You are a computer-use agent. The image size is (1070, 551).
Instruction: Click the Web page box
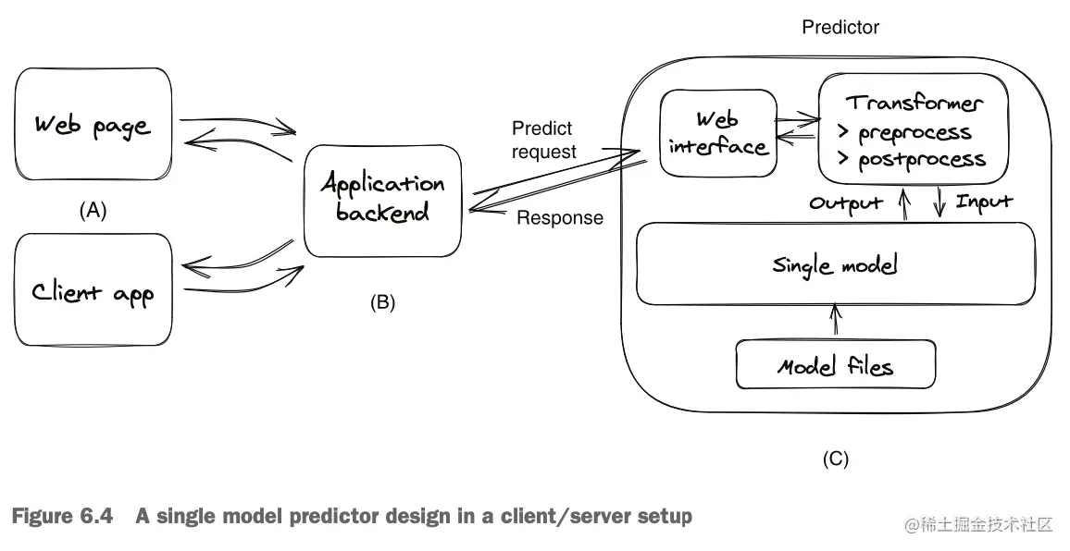(x=93, y=124)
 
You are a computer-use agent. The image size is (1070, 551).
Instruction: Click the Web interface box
(x=717, y=132)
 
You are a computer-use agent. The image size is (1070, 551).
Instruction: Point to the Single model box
(x=835, y=264)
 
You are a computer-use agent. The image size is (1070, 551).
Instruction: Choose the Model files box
(x=835, y=365)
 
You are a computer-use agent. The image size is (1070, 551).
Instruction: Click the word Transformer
(x=914, y=103)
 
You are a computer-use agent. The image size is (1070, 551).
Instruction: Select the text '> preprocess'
(x=904, y=132)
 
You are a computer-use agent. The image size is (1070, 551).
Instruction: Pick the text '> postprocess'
(x=911, y=160)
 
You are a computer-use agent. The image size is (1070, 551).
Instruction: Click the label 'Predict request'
(x=543, y=140)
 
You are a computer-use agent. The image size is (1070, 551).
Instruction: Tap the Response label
(x=559, y=218)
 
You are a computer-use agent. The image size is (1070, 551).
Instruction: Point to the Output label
(x=845, y=202)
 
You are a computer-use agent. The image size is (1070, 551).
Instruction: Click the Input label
(x=984, y=201)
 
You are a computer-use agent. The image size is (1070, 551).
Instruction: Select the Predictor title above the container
(x=840, y=28)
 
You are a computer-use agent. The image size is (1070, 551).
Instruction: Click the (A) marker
(x=92, y=211)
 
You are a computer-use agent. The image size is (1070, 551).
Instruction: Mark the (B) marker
(x=381, y=302)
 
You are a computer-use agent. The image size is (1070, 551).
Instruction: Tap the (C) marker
(x=835, y=458)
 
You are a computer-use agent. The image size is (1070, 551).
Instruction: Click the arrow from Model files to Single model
(x=836, y=322)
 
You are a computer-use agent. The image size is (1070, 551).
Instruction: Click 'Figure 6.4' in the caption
(x=62, y=516)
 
